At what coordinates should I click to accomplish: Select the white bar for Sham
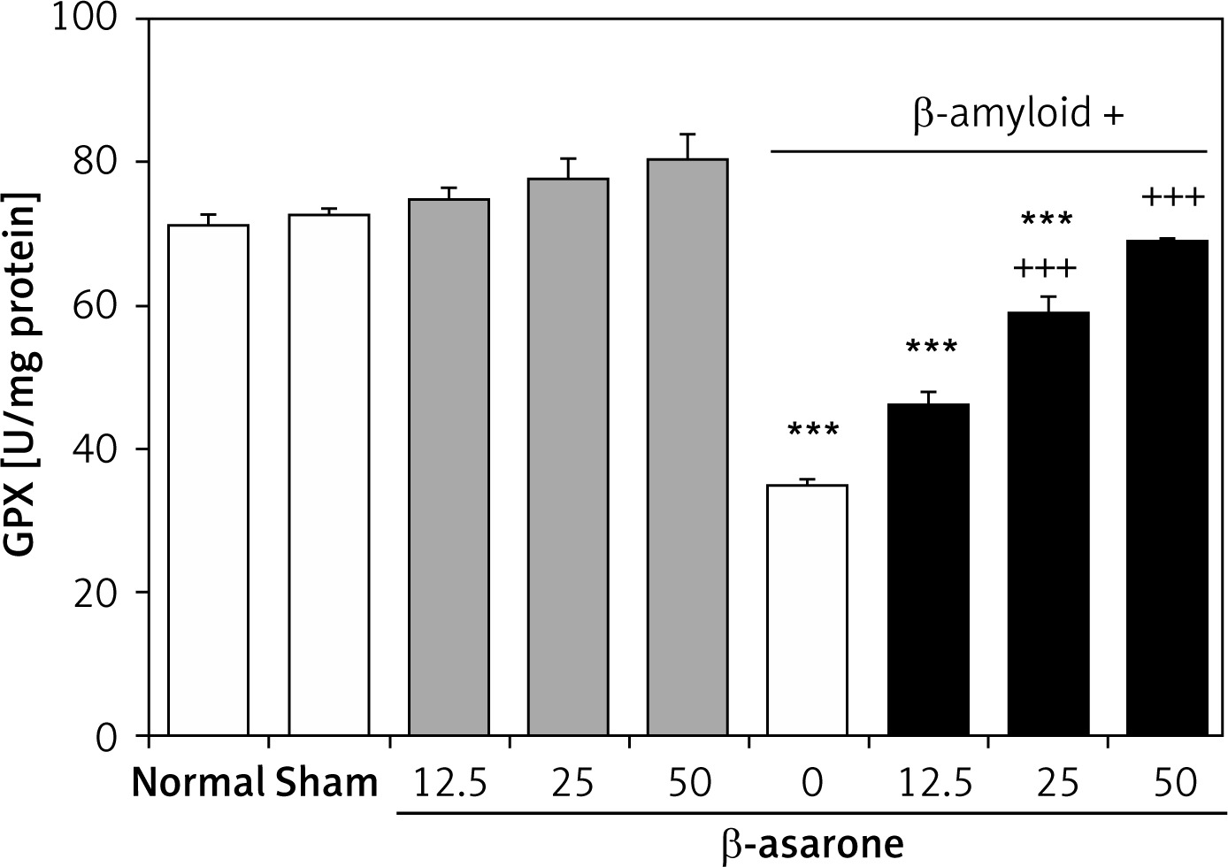click(x=328, y=474)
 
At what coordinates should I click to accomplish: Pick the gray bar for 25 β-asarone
click(x=568, y=457)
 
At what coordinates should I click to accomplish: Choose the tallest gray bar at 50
click(x=687, y=447)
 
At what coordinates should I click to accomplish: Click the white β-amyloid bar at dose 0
click(x=807, y=610)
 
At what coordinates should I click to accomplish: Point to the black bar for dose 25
click(x=1048, y=523)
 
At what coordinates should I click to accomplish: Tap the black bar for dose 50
click(x=1168, y=487)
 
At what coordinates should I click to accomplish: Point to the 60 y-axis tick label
click(x=105, y=306)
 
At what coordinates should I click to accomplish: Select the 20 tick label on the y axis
click(x=105, y=593)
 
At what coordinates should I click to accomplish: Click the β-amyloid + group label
click(x=1017, y=115)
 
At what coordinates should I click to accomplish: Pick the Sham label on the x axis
click(x=327, y=783)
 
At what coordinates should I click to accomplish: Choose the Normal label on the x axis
click(x=199, y=783)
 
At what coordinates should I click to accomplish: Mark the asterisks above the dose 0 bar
click(x=812, y=432)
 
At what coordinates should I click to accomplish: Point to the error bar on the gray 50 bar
click(x=687, y=145)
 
